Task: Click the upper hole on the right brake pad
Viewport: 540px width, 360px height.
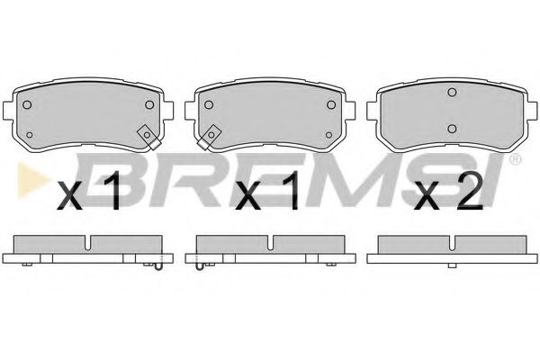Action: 452,93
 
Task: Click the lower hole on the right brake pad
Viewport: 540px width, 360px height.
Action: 452,129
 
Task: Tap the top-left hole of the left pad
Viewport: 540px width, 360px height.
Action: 27,104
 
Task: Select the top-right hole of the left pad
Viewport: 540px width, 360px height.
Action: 149,104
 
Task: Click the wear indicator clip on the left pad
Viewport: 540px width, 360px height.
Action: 148,137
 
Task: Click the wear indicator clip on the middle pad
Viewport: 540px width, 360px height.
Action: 209,137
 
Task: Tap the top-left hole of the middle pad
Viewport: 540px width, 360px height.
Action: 209,104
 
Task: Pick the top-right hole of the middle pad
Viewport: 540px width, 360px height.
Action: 331,104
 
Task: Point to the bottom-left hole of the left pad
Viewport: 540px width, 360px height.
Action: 30,135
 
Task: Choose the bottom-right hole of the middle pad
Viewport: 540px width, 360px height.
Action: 328,135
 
